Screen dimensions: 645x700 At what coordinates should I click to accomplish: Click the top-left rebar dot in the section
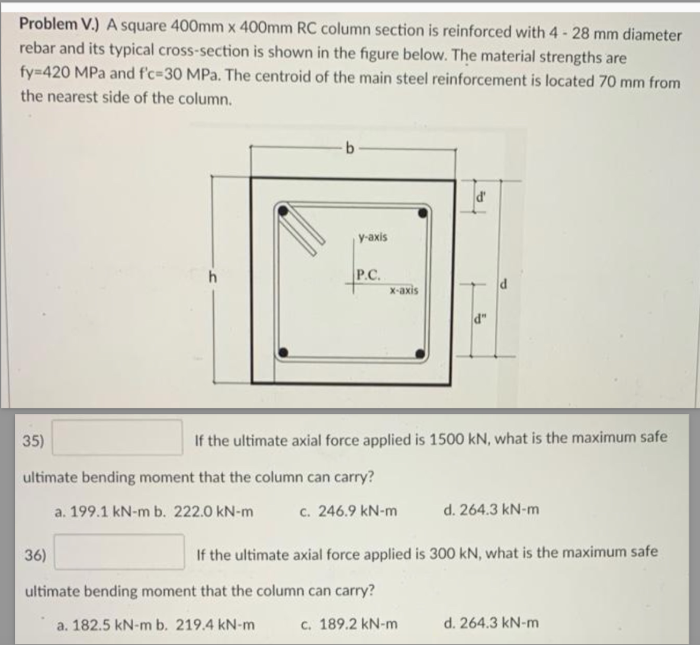click(x=285, y=209)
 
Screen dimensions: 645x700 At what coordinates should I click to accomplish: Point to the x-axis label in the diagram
click(x=404, y=291)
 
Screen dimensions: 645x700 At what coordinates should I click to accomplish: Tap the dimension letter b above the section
click(x=351, y=147)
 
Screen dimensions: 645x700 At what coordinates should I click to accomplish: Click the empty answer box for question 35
click(x=117, y=437)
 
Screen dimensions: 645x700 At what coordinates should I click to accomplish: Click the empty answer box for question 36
click(x=119, y=552)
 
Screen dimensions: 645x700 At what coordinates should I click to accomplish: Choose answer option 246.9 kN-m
click(x=349, y=511)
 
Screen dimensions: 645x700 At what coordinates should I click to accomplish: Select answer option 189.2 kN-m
click(x=349, y=624)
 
